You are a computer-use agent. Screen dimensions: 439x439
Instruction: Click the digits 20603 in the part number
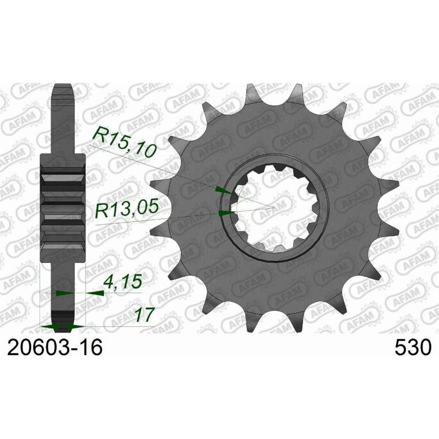click(38, 348)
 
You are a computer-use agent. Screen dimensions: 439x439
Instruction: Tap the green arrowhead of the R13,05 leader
click(226, 212)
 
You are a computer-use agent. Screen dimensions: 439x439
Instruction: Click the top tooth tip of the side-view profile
click(63, 88)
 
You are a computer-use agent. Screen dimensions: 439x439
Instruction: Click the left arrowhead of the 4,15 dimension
click(61, 294)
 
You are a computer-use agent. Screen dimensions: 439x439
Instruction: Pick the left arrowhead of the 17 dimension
click(49, 327)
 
